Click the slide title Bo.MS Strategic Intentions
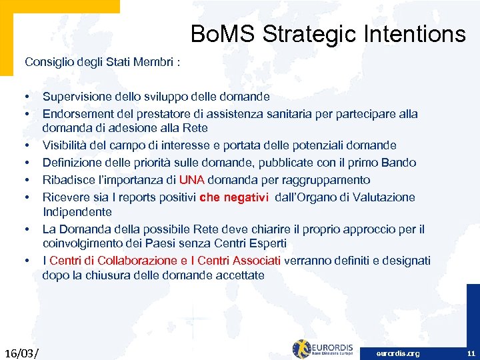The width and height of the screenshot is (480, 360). click(328, 33)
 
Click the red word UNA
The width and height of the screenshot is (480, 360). click(193, 180)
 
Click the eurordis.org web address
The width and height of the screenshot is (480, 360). click(398, 353)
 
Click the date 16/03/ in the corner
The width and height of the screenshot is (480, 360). click(21, 351)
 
